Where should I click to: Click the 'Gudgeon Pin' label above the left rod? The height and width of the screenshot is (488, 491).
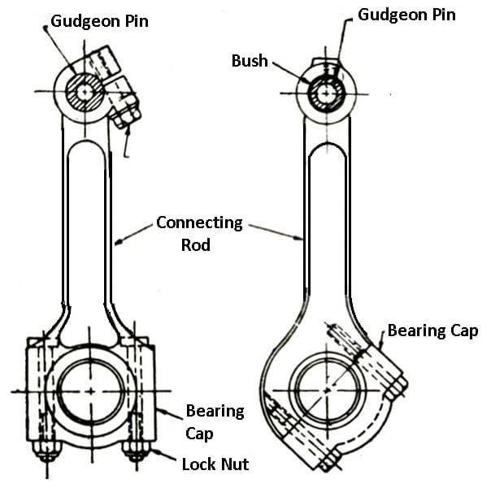[99, 22]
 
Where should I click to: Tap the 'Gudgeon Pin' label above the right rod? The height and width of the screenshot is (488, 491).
[406, 15]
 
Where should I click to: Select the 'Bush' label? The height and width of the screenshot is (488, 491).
[250, 61]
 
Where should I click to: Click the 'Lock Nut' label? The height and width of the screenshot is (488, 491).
[215, 464]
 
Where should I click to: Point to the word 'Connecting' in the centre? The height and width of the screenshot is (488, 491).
[199, 223]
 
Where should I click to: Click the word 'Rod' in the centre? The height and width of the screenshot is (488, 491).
[196, 245]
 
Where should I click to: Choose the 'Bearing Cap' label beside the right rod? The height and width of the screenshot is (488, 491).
[432, 330]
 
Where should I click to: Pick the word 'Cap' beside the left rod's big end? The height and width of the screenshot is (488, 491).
[199, 434]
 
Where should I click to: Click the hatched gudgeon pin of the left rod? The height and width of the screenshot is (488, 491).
[85, 92]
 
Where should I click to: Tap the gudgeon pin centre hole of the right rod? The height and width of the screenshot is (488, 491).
[326, 93]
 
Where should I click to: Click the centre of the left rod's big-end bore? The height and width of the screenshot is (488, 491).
[91, 391]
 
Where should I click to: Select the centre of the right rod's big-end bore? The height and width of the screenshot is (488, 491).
[327, 390]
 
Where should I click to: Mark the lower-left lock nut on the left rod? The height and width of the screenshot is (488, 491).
[47, 451]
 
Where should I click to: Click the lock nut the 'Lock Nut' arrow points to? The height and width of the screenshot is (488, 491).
[137, 451]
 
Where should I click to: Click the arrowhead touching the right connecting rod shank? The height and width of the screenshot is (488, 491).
[299, 239]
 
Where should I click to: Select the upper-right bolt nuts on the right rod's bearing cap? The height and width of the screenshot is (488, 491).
[396, 387]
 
